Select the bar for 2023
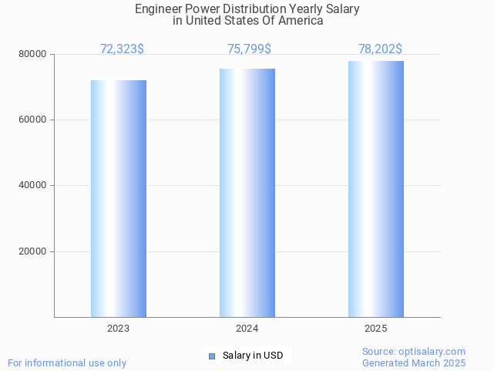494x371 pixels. coord(119,198)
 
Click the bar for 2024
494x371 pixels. coord(247,193)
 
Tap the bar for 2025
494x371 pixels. coord(376,189)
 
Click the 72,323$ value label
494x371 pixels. coord(122,49)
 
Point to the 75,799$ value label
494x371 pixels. coord(249,49)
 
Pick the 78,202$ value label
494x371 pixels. coord(380,49)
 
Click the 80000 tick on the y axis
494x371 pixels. coord(33,55)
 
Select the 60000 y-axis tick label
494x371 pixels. coord(33,120)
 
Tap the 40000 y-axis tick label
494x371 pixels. coord(33,186)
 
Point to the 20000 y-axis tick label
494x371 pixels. coord(33,251)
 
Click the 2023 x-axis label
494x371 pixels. coord(119,329)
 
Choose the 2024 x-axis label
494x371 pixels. coord(247,329)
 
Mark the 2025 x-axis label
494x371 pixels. coord(376,329)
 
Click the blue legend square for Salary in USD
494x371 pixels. coord(213,356)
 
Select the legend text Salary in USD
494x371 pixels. coord(253,356)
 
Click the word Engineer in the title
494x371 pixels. coord(158,9)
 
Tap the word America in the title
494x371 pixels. coord(303,21)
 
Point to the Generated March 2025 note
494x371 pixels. coord(414,363)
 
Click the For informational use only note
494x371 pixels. coord(67,363)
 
